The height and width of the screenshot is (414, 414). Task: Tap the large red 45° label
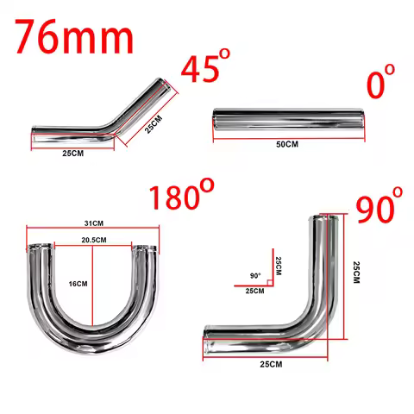coord(206,69)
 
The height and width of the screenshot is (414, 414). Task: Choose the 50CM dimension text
coord(286,144)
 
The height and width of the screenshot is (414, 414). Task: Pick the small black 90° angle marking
coord(255,275)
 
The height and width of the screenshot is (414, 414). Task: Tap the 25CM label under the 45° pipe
coord(72,154)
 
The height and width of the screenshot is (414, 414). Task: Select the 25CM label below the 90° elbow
coord(270,365)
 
